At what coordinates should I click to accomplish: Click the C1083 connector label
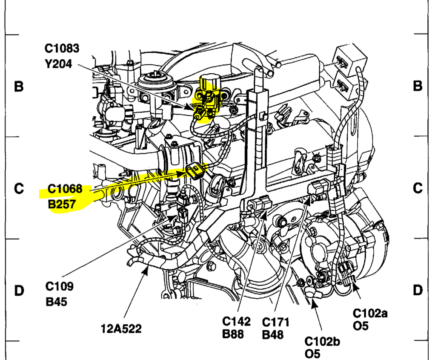62,48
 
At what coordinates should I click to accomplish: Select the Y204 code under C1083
58,64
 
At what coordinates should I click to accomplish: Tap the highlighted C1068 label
65,188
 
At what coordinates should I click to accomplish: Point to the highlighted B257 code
62,204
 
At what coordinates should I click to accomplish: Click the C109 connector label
60,286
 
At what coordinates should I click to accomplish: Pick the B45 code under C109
57,302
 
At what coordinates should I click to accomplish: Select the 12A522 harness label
121,328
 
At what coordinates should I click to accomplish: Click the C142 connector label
236,321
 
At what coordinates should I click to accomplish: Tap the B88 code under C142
233,334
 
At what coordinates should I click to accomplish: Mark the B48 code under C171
273,334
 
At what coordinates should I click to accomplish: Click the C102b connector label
322,341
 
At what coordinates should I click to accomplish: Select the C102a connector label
370,314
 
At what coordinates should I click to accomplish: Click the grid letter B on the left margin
19,86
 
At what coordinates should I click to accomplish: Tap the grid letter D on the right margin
418,291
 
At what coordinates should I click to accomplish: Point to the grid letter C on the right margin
418,188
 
